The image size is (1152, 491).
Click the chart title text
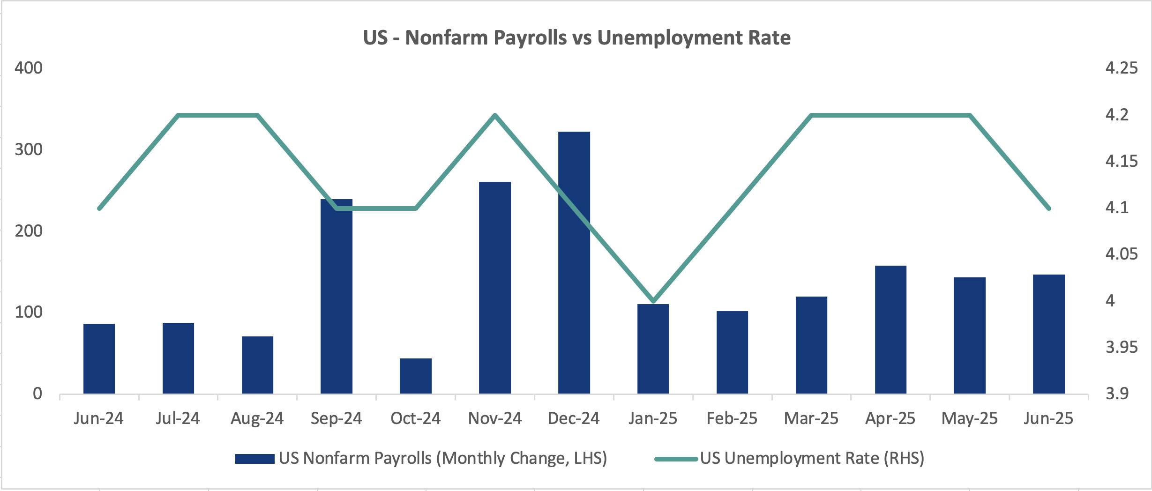pyautogui.click(x=576, y=37)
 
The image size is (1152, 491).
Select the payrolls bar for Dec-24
pyautogui.click(x=574, y=262)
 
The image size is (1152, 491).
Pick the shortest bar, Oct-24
pyautogui.click(x=415, y=376)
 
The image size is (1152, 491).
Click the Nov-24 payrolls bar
pyautogui.click(x=494, y=287)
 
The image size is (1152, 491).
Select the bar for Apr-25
pyautogui.click(x=890, y=329)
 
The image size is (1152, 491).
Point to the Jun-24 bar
pyautogui.click(x=99, y=358)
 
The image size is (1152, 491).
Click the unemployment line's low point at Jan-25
pyautogui.click(x=653, y=301)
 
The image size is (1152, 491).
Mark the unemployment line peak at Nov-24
pyautogui.click(x=495, y=115)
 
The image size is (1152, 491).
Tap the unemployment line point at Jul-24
pyautogui.click(x=178, y=115)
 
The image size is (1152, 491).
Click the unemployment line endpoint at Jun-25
pyautogui.click(x=1048, y=208)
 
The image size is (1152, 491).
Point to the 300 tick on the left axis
pyautogui.click(x=28, y=149)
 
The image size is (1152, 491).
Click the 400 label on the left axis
pyautogui.click(x=28, y=68)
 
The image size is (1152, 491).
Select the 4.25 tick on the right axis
pyautogui.click(x=1121, y=68)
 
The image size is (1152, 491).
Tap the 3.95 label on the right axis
pyautogui.click(x=1121, y=347)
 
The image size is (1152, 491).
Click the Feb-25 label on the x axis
pyautogui.click(x=732, y=418)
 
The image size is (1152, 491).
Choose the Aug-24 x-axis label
pyautogui.click(x=257, y=418)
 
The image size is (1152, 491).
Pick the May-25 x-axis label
pyautogui.click(x=969, y=418)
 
